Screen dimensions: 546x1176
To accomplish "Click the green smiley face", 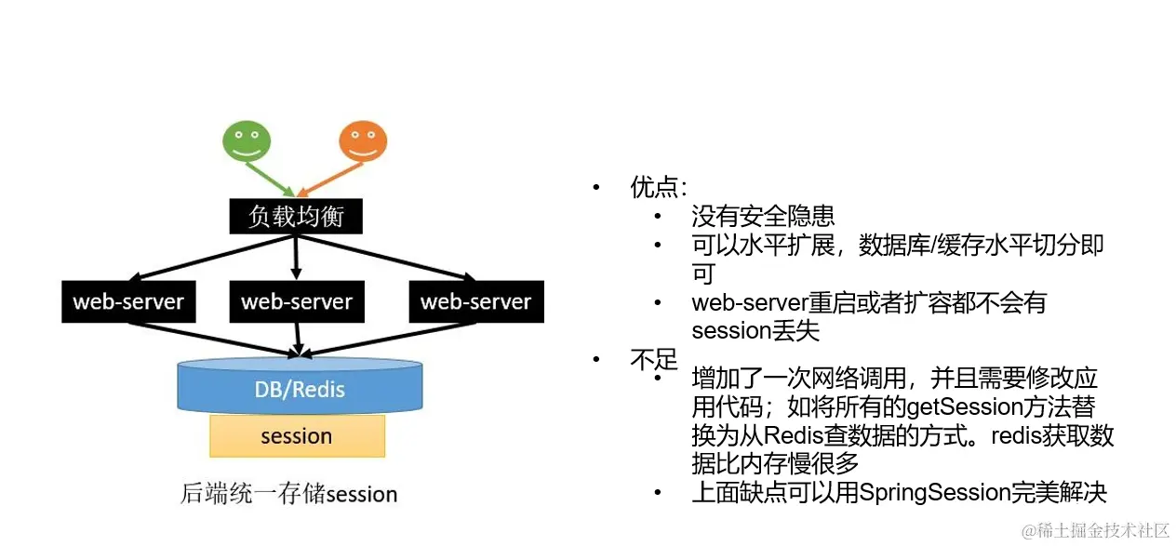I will pos(247,140).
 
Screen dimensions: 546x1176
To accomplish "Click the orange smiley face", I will pos(362,140).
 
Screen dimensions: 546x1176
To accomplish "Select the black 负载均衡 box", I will pos(296,217).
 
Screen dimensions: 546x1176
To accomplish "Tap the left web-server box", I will pos(128,302).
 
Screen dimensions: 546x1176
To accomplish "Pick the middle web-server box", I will pos(297,302).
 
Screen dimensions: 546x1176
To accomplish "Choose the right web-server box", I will pos(475,302).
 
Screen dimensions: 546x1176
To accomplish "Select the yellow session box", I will pos(297,436).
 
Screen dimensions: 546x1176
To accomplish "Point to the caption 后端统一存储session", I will pos(288,494).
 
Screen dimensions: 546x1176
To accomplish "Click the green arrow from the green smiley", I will pos(270,178).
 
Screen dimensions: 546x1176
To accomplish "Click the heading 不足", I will pos(653,360).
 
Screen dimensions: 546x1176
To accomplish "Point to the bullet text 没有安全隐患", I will pos(763,217).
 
